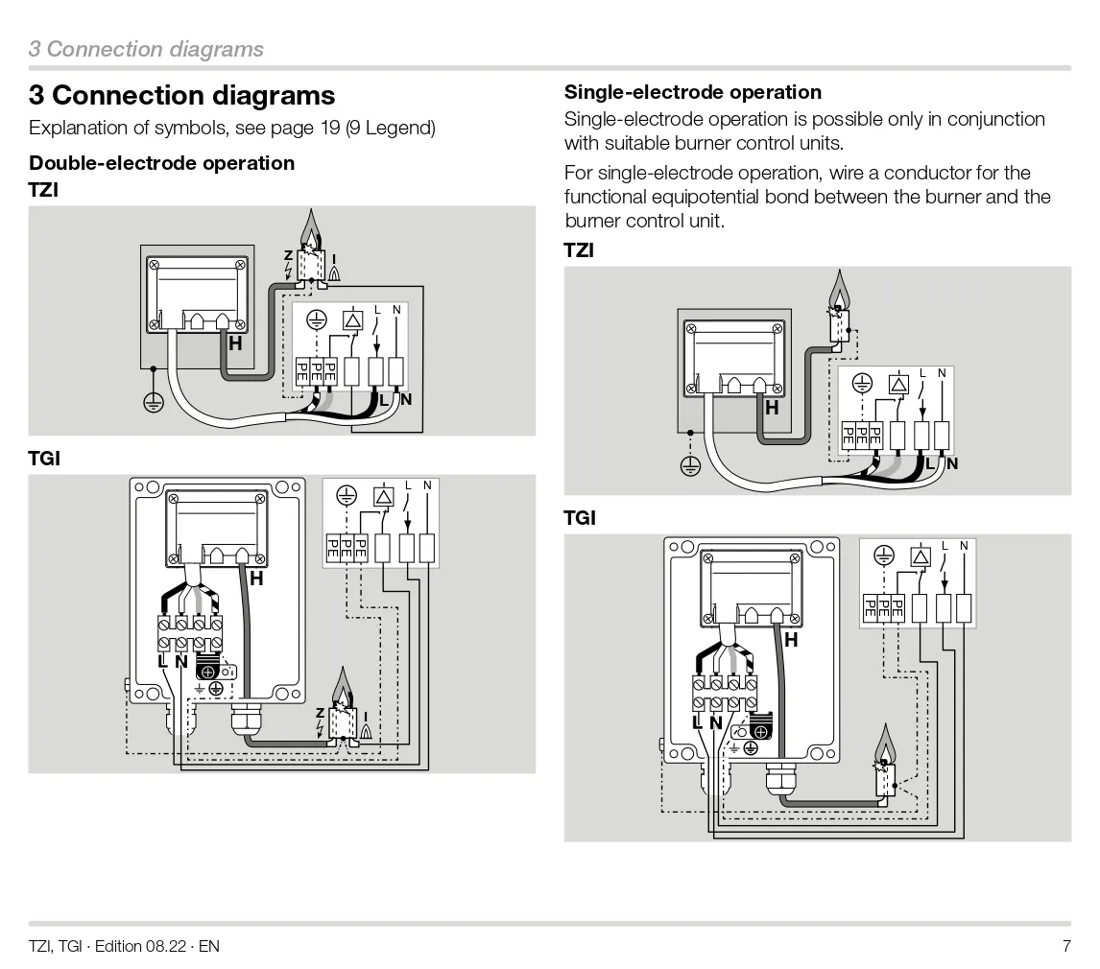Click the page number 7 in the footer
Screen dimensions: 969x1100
point(1065,946)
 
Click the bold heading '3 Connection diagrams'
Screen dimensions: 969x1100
point(181,95)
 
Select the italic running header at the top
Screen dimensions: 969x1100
point(146,49)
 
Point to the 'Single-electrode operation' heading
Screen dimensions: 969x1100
point(692,92)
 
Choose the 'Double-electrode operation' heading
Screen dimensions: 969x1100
point(161,162)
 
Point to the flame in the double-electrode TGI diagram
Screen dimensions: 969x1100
point(342,689)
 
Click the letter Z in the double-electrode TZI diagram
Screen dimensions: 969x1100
point(288,255)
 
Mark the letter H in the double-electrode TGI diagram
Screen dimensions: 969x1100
point(256,579)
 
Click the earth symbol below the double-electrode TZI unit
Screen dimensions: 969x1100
point(153,403)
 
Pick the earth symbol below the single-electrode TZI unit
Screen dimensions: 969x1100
point(688,466)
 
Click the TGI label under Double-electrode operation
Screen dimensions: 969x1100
point(44,459)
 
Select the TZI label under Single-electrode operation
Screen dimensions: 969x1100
point(579,250)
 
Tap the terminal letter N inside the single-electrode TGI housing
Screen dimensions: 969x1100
point(715,722)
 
